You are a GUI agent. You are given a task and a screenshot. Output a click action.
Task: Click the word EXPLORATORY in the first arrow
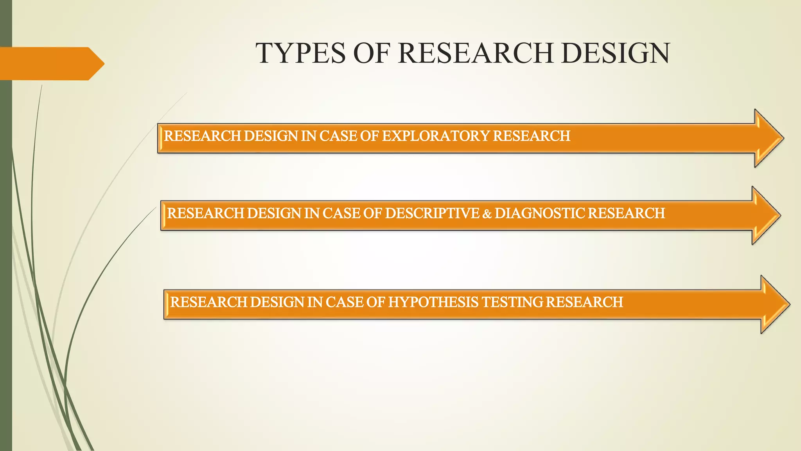pyautogui.click(x=435, y=136)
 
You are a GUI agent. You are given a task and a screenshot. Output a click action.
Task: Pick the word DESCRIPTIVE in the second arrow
pyautogui.click(x=432, y=213)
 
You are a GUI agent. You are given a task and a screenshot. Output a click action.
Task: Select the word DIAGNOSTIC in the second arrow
pyautogui.click(x=539, y=213)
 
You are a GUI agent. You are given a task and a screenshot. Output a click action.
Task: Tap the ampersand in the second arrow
pyautogui.click(x=487, y=214)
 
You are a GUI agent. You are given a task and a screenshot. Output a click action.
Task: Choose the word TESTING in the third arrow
pyautogui.click(x=512, y=302)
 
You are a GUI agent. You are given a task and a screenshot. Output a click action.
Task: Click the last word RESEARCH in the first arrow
pyautogui.click(x=531, y=136)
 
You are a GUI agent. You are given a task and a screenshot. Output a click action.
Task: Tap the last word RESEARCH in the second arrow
pyautogui.click(x=626, y=213)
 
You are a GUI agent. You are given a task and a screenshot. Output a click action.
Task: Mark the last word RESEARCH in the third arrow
pyautogui.click(x=584, y=302)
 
